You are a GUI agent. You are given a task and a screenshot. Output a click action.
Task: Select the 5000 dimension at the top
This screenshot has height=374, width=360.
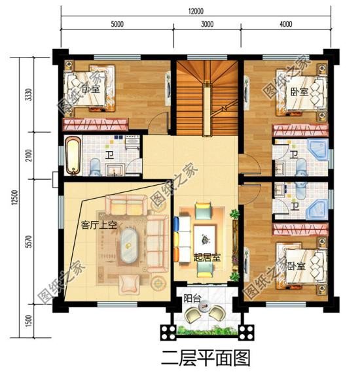point(117,24)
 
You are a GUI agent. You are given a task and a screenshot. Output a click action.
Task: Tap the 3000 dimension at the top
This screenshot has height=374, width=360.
point(207,24)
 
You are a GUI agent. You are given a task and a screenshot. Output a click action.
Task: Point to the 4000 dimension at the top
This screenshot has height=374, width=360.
point(285,24)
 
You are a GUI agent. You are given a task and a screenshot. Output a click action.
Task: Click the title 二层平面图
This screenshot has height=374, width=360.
point(196,358)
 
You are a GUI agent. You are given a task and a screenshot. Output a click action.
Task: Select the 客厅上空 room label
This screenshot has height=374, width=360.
point(98,225)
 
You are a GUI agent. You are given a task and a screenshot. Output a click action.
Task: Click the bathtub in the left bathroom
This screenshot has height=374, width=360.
point(72,156)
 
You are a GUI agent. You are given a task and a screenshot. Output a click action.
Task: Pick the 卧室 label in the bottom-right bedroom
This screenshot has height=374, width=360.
point(296,266)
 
